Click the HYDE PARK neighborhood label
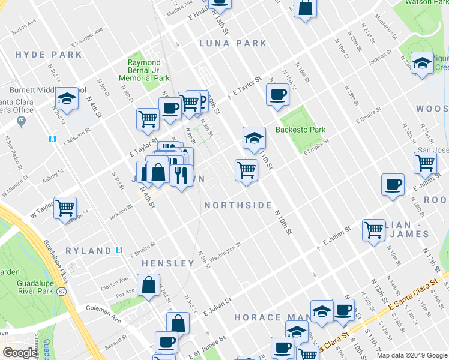[49, 55]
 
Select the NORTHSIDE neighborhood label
[238, 205]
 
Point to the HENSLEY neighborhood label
[168, 263]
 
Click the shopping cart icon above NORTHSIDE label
[246, 170]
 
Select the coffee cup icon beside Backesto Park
[278, 94]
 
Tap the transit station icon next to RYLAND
[119, 250]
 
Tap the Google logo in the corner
[20, 353]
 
